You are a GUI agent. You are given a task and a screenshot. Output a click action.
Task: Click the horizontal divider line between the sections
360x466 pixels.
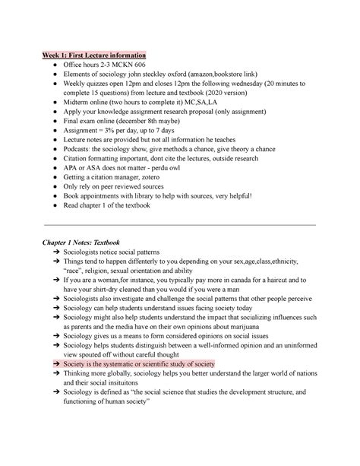[x=180, y=225]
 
